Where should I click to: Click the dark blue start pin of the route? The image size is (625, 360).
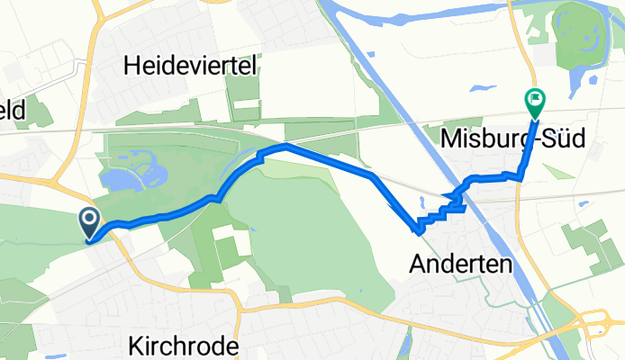click(x=90, y=220)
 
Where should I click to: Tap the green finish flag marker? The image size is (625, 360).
click(x=535, y=100)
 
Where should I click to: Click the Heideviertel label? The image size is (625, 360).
click(x=192, y=65)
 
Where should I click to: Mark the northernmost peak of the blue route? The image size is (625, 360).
click(x=285, y=145)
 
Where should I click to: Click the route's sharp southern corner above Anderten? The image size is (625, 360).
click(x=418, y=230)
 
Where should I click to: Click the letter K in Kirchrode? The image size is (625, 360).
click(x=135, y=346)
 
